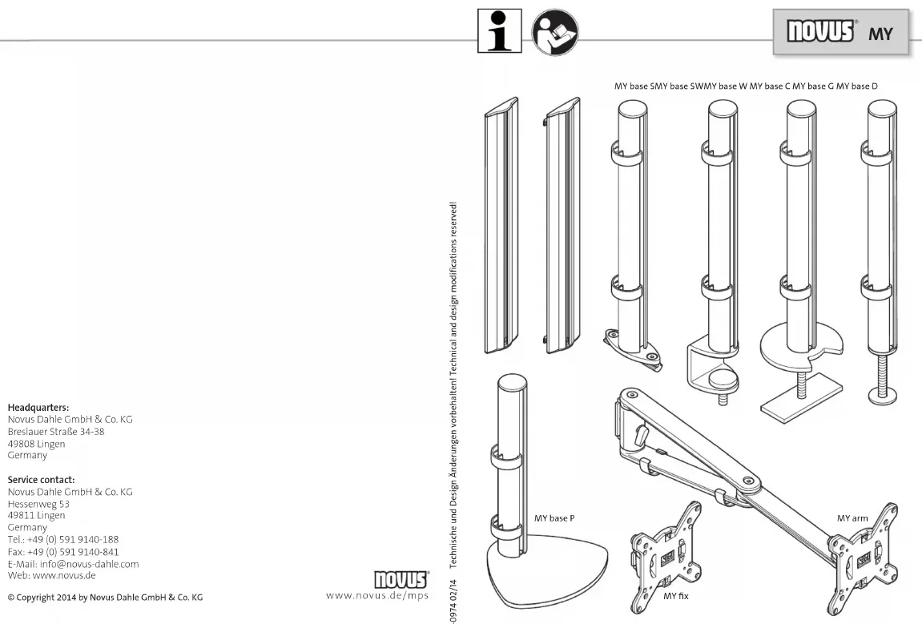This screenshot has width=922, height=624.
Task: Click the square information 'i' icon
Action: (499, 30)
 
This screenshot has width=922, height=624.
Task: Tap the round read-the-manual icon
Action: (555, 32)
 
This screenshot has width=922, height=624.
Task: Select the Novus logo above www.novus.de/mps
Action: (401, 578)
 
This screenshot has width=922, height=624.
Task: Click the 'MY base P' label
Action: (554, 518)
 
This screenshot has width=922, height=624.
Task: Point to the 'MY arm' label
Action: (852, 518)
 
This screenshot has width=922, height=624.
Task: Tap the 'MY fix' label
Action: (675, 596)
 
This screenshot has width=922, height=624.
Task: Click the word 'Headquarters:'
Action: (38, 408)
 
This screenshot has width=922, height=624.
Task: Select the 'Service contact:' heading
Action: (41, 480)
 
